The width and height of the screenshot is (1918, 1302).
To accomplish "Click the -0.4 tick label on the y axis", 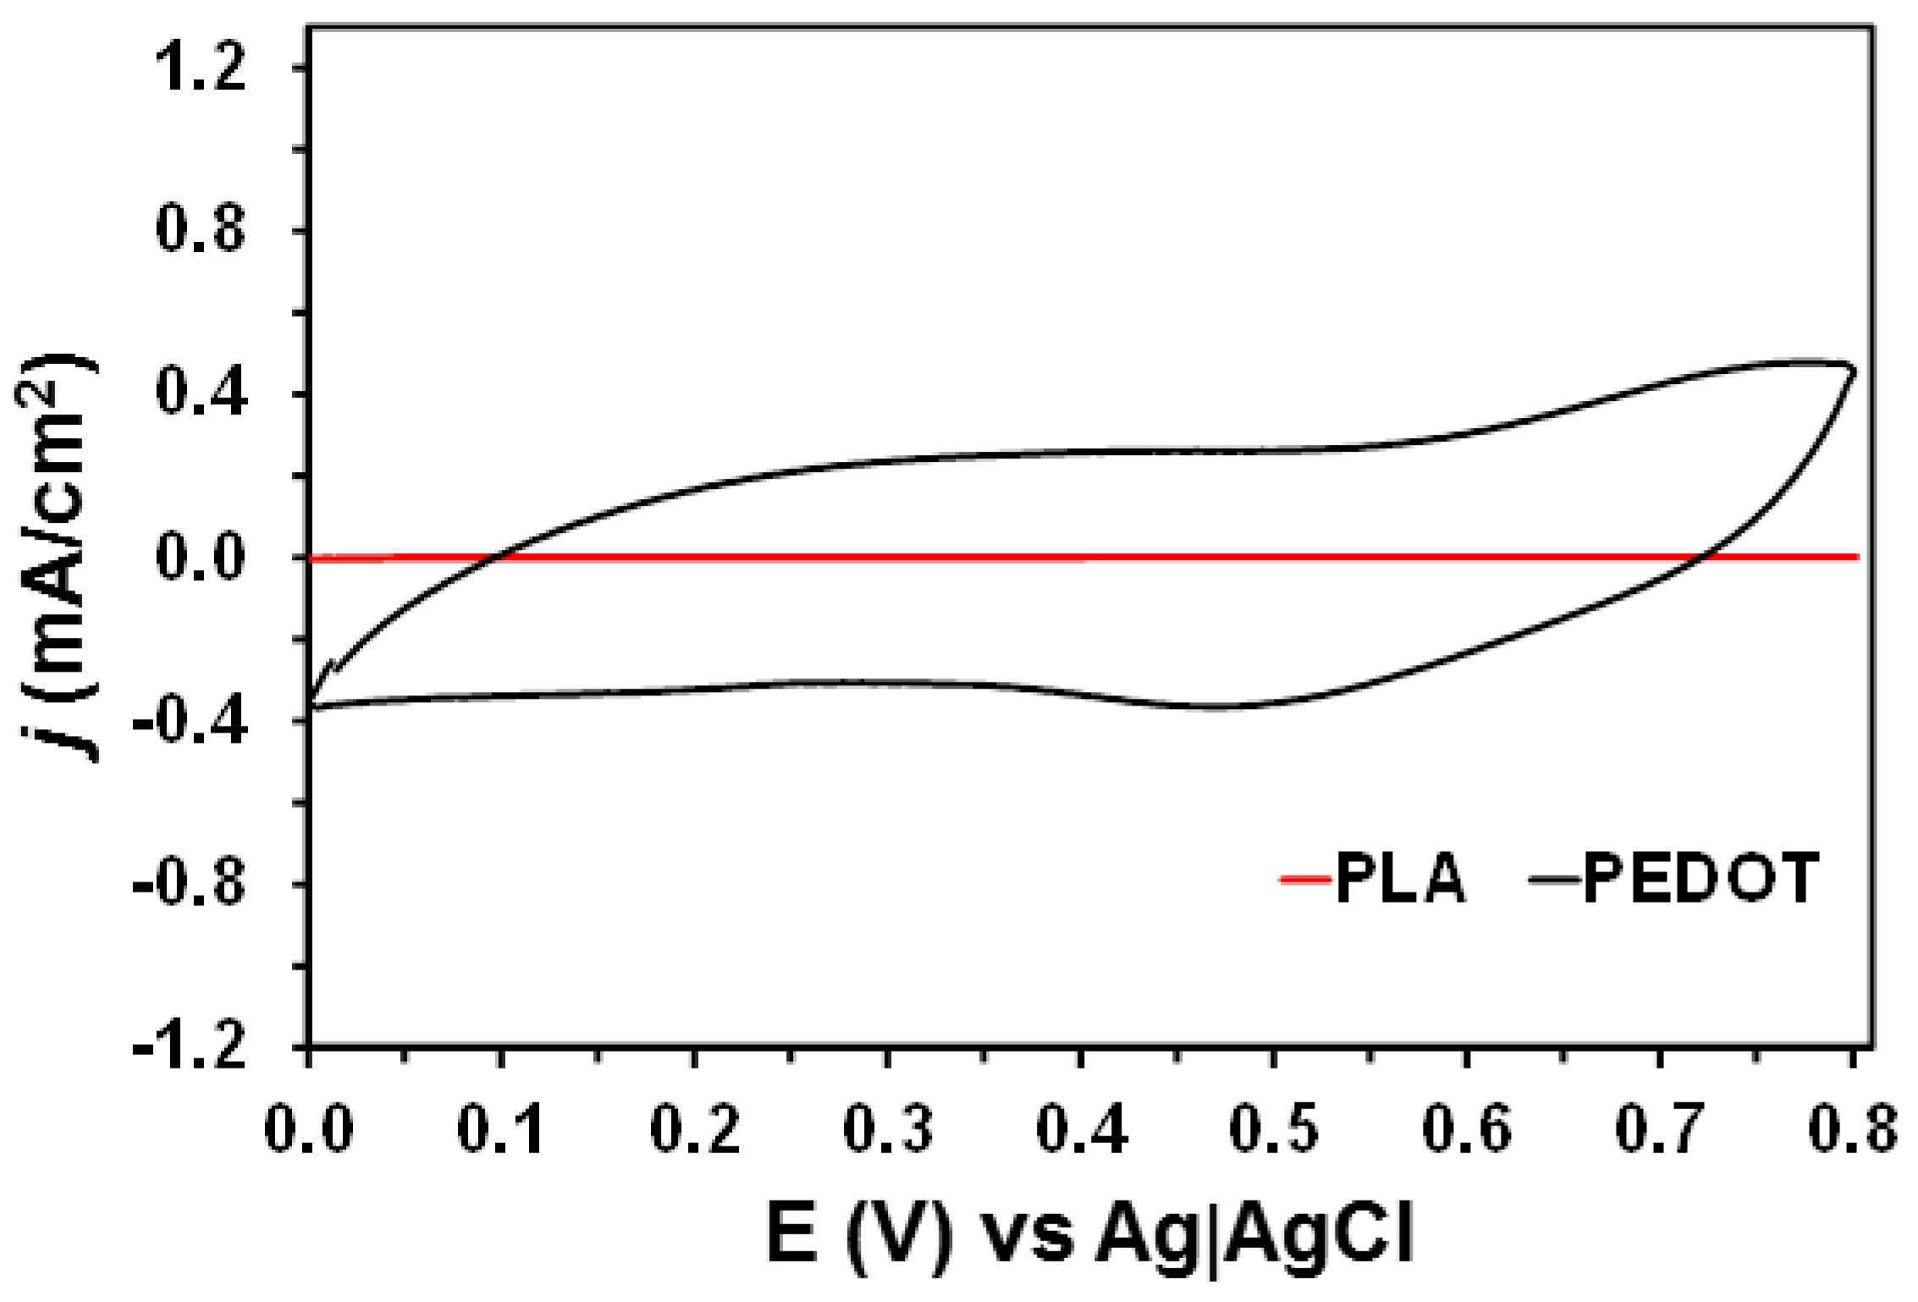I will tap(190, 721).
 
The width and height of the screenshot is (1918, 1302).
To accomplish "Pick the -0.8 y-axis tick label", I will tap(190, 885).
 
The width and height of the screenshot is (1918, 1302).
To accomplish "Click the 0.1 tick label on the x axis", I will tap(501, 1129).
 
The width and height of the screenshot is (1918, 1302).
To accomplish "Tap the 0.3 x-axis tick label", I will tap(887, 1129).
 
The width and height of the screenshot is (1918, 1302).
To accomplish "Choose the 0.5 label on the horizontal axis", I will tap(1273, 1129).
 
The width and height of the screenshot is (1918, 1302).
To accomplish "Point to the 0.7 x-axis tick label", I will tap(1659, 1129).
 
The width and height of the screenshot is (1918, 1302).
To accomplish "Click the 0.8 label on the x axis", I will tap(1852, 1129).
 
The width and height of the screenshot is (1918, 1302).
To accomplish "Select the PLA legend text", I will tap(1401, 880).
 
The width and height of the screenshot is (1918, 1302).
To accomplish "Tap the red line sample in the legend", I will tap(1304, 881).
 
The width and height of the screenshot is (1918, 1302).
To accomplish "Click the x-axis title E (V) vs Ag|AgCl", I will tap(1090, 1237).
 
